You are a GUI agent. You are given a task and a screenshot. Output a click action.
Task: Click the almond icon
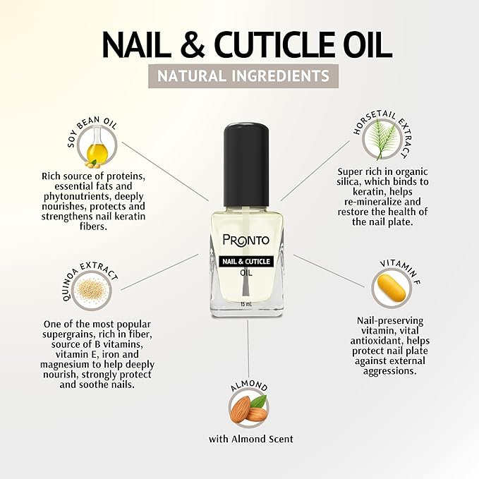coord(248,408)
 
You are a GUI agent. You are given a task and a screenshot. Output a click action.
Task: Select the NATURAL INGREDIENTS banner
coord(239,75)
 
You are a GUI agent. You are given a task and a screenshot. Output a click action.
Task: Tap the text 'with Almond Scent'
coord(250,439)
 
